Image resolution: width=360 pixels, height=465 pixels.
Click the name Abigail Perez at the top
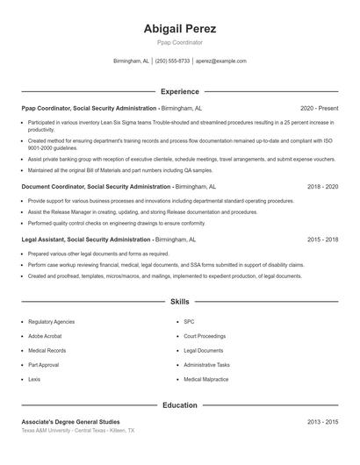(179, 28)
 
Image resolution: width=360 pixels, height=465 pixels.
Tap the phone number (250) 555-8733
(173, 61)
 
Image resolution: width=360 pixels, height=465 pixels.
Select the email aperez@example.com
(221, 61)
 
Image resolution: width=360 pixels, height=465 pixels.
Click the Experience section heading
(179, 91)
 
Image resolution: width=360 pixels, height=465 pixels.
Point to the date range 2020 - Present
(319, 108)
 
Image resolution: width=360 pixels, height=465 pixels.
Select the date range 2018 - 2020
(322, 187)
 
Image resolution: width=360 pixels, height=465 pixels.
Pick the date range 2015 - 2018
(322, 239)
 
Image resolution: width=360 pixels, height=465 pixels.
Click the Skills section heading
(179, 301)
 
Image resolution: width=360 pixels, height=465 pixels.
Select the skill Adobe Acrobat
(45, 336)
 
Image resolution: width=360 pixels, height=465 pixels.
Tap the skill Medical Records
(47, 350)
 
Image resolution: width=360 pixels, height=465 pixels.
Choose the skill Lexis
(34, 379)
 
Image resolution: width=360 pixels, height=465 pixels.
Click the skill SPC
(189, 322)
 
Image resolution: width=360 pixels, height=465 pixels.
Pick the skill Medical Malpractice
(205, 379)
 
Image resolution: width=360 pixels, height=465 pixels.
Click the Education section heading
(179, 405)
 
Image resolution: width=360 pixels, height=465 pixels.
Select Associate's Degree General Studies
(70, 422)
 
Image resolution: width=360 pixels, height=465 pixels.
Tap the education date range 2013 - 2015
(322, 422)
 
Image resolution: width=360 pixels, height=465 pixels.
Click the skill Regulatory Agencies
(50, 322)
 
